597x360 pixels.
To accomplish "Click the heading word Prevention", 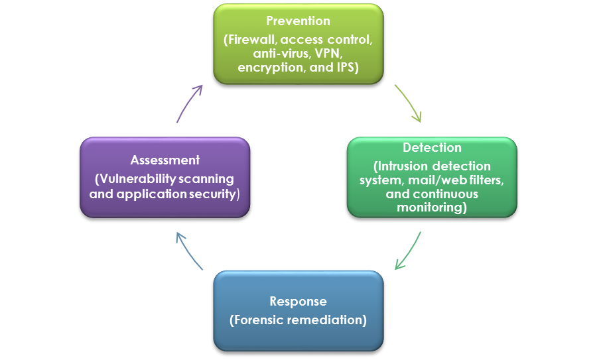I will point(298,21).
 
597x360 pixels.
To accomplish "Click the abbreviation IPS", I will point(344,68).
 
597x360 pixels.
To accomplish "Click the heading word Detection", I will point(432,147).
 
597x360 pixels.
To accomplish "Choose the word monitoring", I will point(431,208).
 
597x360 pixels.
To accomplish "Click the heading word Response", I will point(298,302).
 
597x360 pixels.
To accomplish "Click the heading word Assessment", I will point(165,160).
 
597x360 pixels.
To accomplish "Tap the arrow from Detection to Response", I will point(409,251).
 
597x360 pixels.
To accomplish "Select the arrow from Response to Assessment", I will point(188,251).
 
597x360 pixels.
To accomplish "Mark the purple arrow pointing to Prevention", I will point(189,103).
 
